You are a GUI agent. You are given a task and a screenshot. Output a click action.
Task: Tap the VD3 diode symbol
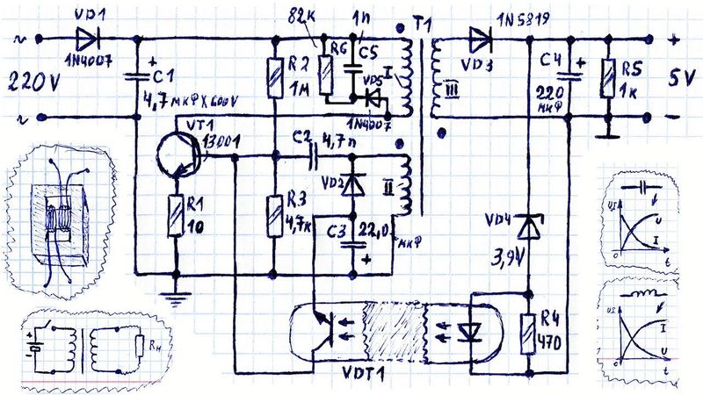pos(480,38)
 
